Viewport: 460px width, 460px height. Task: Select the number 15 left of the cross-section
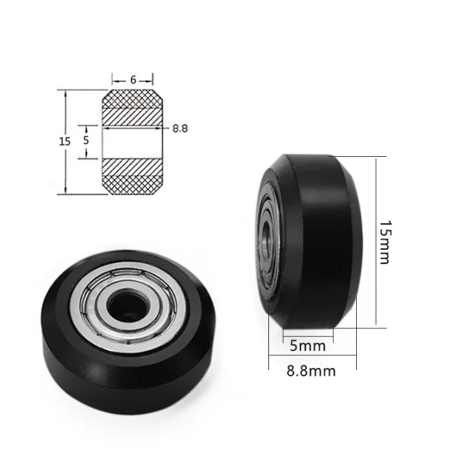[x=64, y=141]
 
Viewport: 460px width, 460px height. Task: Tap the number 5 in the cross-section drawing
[x=86, y=139]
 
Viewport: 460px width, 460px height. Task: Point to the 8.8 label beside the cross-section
[x=181, y=128]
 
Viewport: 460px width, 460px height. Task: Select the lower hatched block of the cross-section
[x=133, y=175]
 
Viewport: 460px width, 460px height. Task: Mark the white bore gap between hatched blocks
[x=133, y=141]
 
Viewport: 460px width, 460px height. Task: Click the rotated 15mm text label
[x=385, y=241]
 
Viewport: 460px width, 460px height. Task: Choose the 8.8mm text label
[x=311, y=371]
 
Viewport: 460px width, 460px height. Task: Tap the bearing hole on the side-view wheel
[x=265, y=237]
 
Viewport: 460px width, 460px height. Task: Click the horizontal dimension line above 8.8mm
[x=312, y=358]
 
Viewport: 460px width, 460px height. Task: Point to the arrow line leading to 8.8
[x=165, y=128]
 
